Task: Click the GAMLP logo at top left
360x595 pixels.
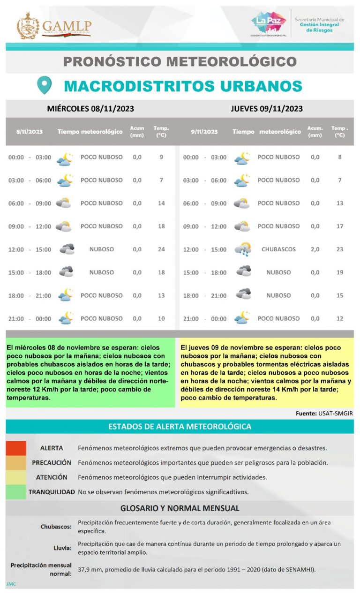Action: point(53,26)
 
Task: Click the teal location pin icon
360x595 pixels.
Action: point(44,85)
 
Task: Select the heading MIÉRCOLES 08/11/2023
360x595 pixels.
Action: point(90,109)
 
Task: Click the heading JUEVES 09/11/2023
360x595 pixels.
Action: point(266,109)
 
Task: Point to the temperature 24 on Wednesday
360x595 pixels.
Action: point(161,249)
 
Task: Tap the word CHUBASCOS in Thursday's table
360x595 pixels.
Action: point(278,249)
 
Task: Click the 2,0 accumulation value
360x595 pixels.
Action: point(315,249)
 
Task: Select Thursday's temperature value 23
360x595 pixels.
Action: point(340,249)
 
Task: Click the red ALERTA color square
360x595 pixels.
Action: point(16,448)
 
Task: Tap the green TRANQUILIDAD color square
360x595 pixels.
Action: point(16,492)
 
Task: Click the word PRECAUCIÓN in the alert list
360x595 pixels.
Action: point(52,463)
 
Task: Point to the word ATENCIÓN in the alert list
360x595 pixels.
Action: point(52,477)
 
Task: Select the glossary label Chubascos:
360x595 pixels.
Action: point(56,527)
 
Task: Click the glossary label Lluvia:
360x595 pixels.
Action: point(62,548)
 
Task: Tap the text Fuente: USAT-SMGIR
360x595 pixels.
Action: point(324,414)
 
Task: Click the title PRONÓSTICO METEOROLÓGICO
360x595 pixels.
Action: point(180,61)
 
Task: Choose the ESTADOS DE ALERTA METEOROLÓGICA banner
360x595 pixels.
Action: point(180,427)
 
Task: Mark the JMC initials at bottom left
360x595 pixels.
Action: point(11,584)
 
